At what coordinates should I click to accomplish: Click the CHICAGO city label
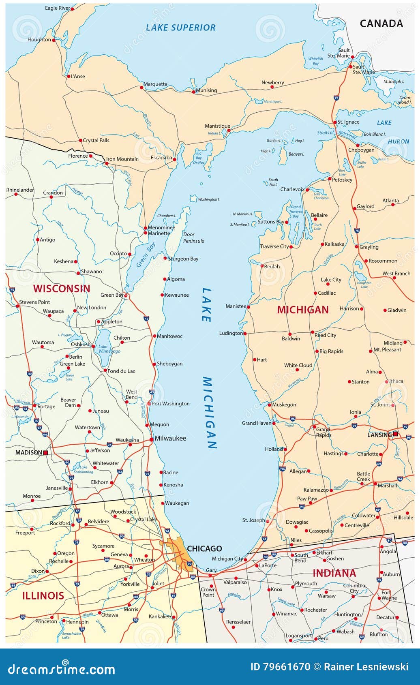click(204, 548)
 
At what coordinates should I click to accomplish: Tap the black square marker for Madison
click(46, 453)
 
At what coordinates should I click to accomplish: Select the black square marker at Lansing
click(395, 434)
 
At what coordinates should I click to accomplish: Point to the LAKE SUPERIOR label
click(181, 28)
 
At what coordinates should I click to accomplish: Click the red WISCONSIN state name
click(62, 289)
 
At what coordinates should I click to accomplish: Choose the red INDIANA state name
click(334, 573)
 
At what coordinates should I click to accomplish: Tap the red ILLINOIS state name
click(43, 595)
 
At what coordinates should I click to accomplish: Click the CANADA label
click(381, 24)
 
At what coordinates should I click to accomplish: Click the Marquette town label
click(156, 84)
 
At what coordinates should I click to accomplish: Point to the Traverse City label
click(274, 246)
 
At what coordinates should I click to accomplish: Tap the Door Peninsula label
click(194, 238)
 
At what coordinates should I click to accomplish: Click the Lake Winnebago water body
click(104, 342)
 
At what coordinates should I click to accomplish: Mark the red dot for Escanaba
click(174, 159)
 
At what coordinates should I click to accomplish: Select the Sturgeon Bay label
click(183, 259)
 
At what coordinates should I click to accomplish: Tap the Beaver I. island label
click(296, 154)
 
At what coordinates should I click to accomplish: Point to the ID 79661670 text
click(280, 667)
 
